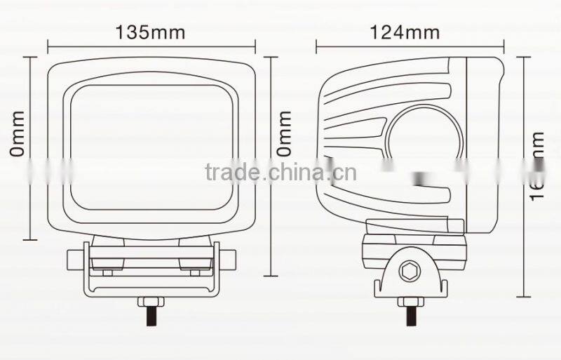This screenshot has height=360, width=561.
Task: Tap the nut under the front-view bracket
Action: [151, 302]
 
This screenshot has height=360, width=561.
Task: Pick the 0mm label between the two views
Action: [284, 133]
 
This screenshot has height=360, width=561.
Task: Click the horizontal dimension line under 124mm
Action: [410, 46]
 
